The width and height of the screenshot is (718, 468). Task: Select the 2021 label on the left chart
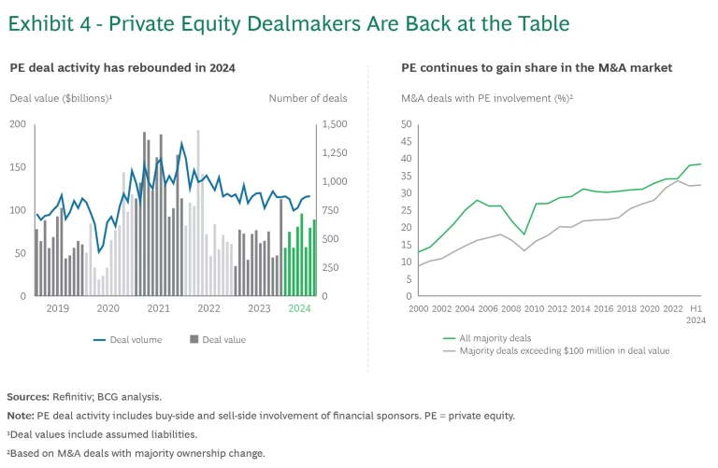[x=158, y=308]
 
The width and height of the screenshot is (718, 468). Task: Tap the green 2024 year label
[x=299, y=308]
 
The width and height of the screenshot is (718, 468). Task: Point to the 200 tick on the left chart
[x=18, y=124]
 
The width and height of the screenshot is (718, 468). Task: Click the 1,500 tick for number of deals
[x=336, y=124]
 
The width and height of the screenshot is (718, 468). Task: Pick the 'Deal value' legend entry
[x=223, y=340]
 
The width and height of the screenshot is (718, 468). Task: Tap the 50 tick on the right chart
[x=406, y=124]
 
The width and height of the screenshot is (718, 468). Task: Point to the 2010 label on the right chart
[x=534, y=308]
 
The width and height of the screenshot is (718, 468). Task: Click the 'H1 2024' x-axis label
[x=696, y=313]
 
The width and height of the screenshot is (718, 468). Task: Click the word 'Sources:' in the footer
[x=28, y=397]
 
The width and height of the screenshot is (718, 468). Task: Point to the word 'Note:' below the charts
[x=21, y=416]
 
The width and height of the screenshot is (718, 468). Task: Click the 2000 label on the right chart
[x=418, y=308]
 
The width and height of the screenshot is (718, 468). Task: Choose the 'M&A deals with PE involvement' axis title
[x=486, y=98]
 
